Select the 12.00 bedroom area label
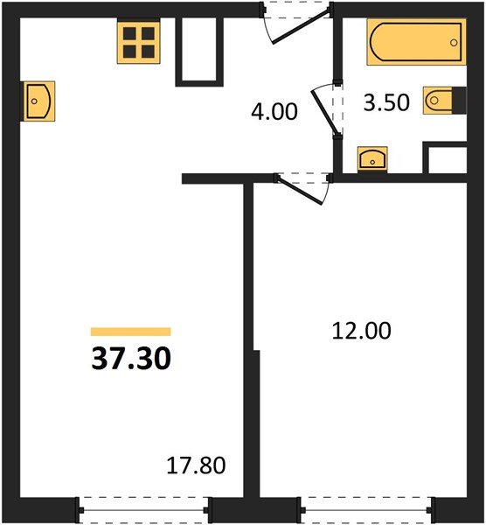coord(361,331)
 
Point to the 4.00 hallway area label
coord(273,112)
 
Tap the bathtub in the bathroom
coord(414,41)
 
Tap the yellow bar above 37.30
coord(130,332)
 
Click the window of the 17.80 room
coord(145,505)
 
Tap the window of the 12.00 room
coord(365,505)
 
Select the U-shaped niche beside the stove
coord(198,51)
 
